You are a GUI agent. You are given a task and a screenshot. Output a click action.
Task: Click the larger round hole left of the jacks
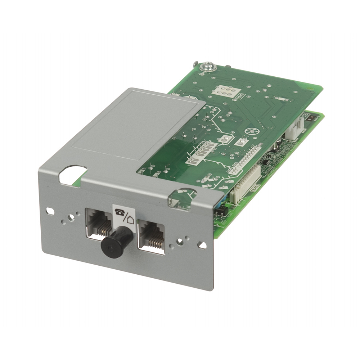point(71,217)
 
